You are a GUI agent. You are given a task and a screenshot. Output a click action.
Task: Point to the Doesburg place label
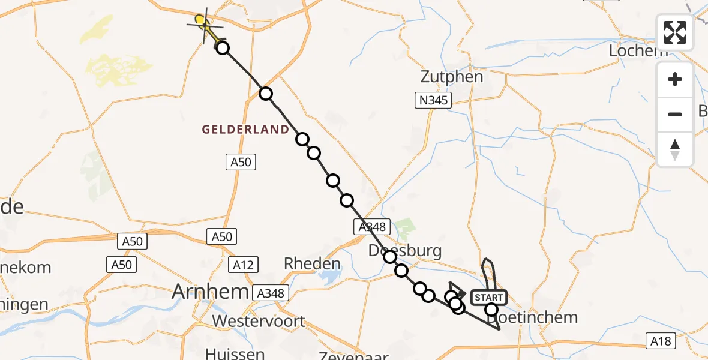405,250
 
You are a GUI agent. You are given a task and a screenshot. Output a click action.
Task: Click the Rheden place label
311,263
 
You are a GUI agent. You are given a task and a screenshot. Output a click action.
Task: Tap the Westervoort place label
258,321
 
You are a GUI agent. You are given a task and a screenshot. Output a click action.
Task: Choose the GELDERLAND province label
245,130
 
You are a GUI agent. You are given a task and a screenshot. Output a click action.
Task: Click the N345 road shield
433,100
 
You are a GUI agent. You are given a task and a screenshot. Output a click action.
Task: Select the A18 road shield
661,341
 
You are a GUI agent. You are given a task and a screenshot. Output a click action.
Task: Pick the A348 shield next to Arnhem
271,293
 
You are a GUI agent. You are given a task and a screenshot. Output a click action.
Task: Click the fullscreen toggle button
675,32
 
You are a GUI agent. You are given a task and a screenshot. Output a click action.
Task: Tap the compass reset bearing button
675,149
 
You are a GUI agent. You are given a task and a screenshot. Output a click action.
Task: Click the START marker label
489,298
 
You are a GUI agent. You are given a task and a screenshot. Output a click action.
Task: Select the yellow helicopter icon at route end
205,25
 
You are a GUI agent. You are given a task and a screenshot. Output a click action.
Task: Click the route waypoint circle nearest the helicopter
223,48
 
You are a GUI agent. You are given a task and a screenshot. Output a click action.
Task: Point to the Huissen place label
235,353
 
